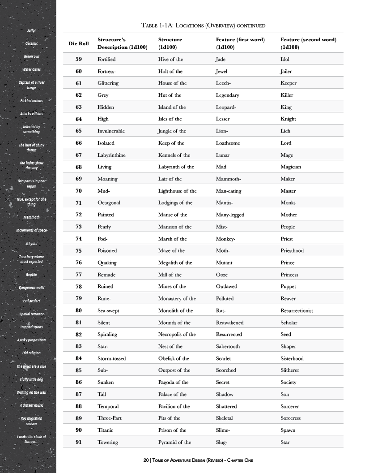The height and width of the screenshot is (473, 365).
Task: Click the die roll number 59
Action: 78,59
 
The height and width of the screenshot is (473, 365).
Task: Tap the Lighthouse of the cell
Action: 177,191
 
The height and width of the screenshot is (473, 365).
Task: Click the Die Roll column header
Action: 78,43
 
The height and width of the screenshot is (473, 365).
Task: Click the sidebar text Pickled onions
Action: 31,101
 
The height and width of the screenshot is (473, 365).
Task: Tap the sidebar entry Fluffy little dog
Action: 31,379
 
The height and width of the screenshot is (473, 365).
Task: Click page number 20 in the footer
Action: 146,460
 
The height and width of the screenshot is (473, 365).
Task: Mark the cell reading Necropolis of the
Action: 177,334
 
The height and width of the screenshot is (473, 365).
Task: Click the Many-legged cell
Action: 230,215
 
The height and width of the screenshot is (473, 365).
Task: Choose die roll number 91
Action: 78,442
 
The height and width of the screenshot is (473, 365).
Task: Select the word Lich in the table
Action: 285,131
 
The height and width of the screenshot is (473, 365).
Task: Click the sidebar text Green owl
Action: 31,57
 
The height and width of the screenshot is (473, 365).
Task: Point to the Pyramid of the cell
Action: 174,442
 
